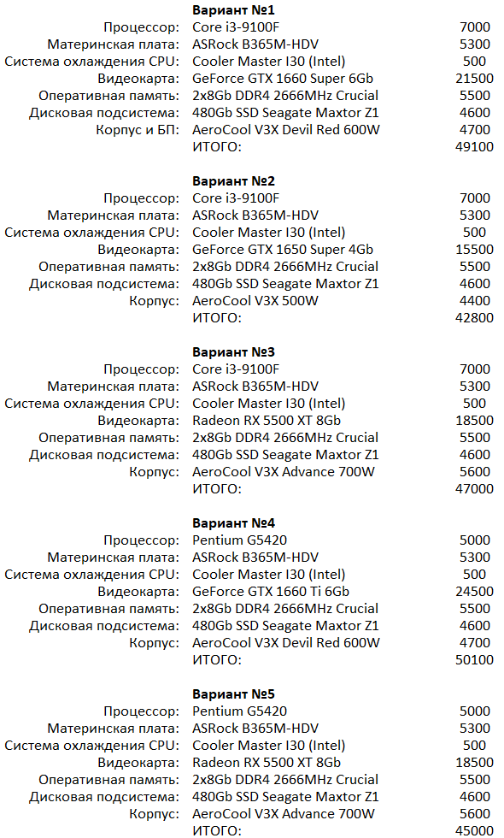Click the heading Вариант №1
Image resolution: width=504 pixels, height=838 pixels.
point(233,10)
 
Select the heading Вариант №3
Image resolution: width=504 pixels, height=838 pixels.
point(233,352)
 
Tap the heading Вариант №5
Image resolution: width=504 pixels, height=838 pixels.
point(233,694)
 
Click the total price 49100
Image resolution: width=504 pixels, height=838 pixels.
point(475,147)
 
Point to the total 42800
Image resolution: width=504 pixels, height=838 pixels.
point(475,318)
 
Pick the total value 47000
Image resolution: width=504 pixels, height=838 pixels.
point(475,489)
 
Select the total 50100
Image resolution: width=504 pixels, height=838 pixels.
point(475,660)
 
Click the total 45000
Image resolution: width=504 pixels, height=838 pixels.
point(475,830)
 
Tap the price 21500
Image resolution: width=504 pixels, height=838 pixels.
point(475,79)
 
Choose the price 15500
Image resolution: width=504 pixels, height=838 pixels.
point(475,250)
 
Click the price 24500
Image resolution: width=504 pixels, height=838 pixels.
point(475,592)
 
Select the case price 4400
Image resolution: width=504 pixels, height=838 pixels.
point(475,301)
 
